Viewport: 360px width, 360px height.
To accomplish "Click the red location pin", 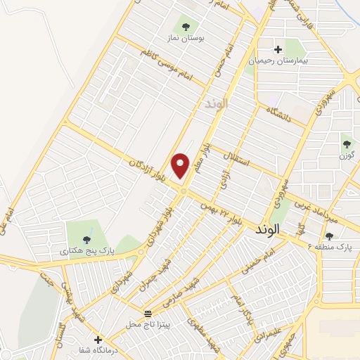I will coord(181,165).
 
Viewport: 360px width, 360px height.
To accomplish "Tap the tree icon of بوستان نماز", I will coord(186,27).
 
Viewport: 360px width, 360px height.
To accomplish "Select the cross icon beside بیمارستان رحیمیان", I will coord(278,50).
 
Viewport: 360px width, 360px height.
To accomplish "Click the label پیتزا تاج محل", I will coord(148,324).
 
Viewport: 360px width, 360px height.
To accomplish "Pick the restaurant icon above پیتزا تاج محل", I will coord(148,313).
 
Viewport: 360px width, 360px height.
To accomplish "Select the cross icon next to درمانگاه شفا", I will coord(98,340).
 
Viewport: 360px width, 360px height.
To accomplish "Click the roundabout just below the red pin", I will coord(183,191).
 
